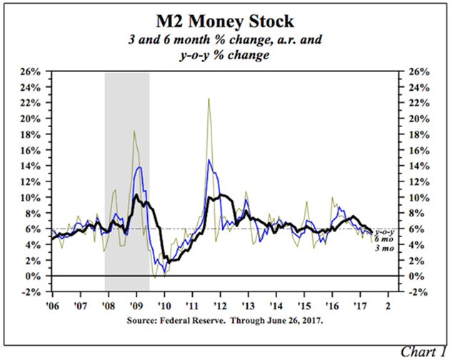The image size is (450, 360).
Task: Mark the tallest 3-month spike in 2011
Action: tap(208, 99)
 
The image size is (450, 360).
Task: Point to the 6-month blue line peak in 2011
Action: tap(209, 160)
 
